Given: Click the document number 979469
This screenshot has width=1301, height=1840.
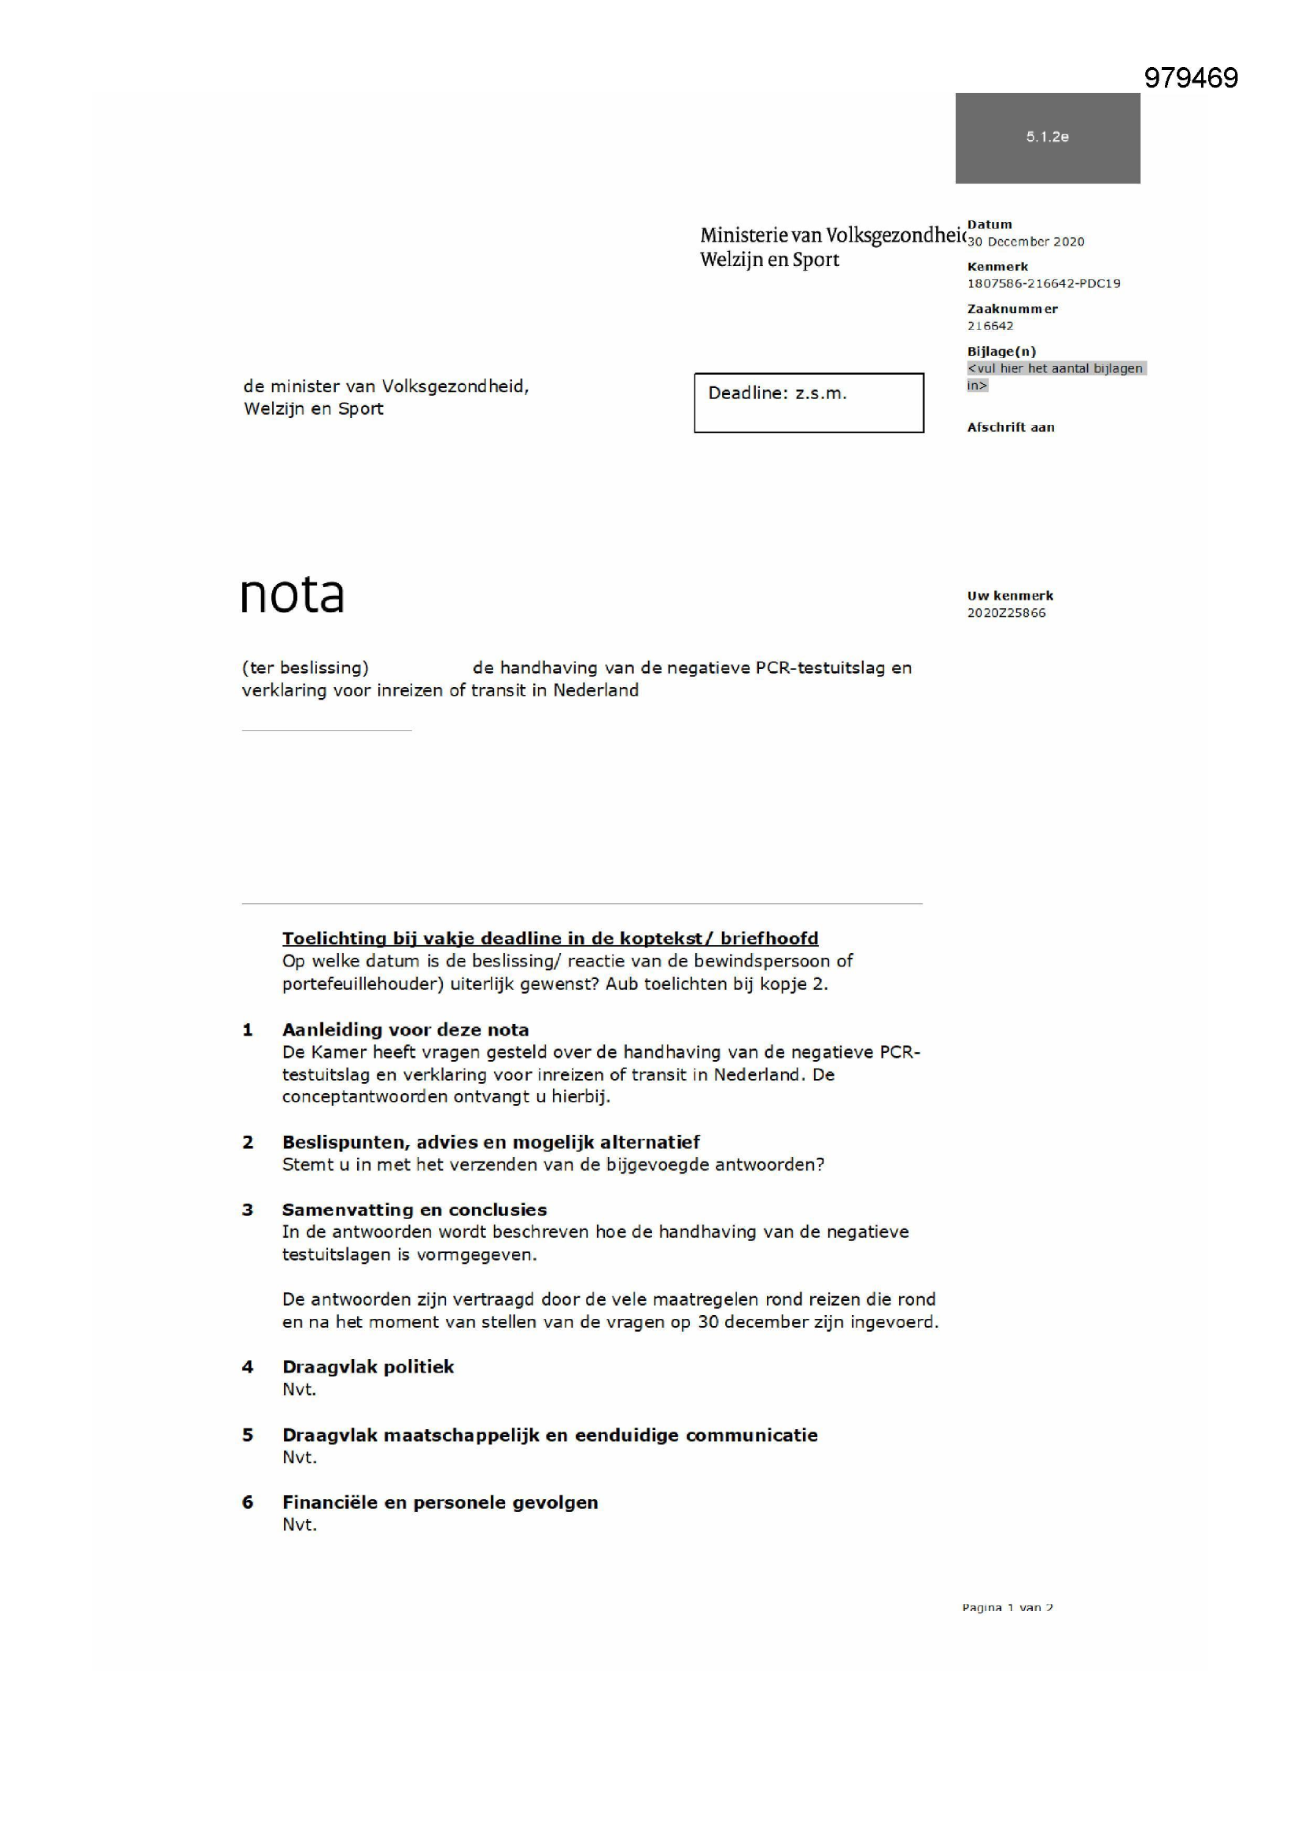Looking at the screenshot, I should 1190,78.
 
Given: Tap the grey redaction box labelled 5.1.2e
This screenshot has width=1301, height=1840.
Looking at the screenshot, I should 1047,138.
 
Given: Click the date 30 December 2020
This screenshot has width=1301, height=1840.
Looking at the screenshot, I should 1026,242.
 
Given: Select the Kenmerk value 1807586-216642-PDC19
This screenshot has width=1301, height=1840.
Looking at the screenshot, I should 1043,283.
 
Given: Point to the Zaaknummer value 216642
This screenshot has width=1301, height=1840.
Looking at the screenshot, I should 990,326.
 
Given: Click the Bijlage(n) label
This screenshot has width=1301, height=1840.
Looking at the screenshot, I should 1001,351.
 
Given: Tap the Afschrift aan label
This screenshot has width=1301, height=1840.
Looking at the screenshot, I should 1010,427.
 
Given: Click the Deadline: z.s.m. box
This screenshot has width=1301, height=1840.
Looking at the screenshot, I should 809,402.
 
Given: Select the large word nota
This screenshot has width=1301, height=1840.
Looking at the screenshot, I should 293,595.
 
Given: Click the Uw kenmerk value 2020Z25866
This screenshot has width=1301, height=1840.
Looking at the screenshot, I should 1006,613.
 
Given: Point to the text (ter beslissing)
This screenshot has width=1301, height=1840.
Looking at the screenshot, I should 305,667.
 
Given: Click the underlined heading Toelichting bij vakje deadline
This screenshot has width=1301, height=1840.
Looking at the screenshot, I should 550,938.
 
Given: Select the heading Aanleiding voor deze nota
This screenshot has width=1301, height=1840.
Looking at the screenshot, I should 405,1030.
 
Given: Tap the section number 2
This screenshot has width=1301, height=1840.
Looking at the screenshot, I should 248,1142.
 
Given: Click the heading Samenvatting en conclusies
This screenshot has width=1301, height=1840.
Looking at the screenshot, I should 415,1210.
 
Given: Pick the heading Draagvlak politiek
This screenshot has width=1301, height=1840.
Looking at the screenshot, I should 367,1367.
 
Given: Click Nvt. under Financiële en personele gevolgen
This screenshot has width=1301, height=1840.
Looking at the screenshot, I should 300,1525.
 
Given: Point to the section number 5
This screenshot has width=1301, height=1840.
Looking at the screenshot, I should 248,1435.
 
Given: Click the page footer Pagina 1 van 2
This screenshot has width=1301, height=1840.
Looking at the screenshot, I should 1007,1608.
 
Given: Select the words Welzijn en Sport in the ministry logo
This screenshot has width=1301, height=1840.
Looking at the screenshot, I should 769,260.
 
